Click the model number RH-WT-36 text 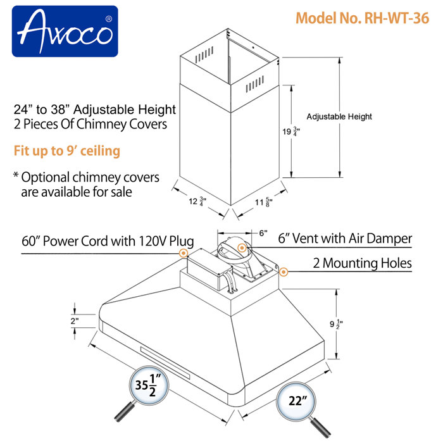click(x=358, y=18)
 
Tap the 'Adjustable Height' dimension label click(x=339, y=116)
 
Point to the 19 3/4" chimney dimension click(x=274, y=132)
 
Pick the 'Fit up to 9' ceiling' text click(x=66, y=152)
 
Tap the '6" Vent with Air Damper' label click(x=345, y=239)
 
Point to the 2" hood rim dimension click(x=75, y=321)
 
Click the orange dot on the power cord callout click(x=183, y=253)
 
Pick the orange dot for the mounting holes click(x=284, y=272)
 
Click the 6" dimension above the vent click(x=263, y=233)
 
